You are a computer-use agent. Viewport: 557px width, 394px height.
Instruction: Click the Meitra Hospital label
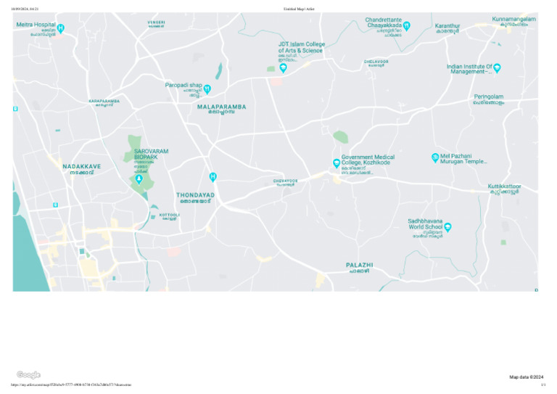[36, 25]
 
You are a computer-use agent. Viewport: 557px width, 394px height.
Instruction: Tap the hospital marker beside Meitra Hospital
[61, 28]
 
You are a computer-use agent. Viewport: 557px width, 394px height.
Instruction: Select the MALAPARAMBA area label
[221, 107]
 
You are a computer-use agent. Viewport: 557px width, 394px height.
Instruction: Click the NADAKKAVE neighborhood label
[81, 166]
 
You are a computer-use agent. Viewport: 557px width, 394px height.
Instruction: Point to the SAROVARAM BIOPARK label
[151, 154]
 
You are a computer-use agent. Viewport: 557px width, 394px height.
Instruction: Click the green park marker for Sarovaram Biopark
[139, 178]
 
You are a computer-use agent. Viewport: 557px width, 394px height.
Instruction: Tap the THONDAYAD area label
[195, 195]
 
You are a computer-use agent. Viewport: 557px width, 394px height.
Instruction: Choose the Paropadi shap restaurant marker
[207, 89]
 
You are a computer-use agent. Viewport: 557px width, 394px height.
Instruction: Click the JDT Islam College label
[302, 47]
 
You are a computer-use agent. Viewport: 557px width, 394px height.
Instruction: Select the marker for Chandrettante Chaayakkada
[407, 25]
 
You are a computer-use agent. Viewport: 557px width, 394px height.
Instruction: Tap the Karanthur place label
[447, 26]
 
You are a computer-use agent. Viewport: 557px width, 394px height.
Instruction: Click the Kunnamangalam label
[513, 19]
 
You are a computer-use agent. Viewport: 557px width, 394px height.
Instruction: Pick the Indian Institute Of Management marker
[497, 67]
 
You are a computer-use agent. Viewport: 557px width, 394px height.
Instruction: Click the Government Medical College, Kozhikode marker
[337, 163]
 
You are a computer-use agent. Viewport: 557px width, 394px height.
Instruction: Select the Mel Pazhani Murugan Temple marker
[435, 157]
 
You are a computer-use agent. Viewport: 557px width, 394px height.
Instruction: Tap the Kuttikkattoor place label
[504, 186]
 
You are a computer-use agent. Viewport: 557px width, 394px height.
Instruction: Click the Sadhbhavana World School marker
[447, 227]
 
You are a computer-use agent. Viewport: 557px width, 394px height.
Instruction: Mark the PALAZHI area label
[359, 266]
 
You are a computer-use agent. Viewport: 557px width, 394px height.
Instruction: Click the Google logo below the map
[28, 374]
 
